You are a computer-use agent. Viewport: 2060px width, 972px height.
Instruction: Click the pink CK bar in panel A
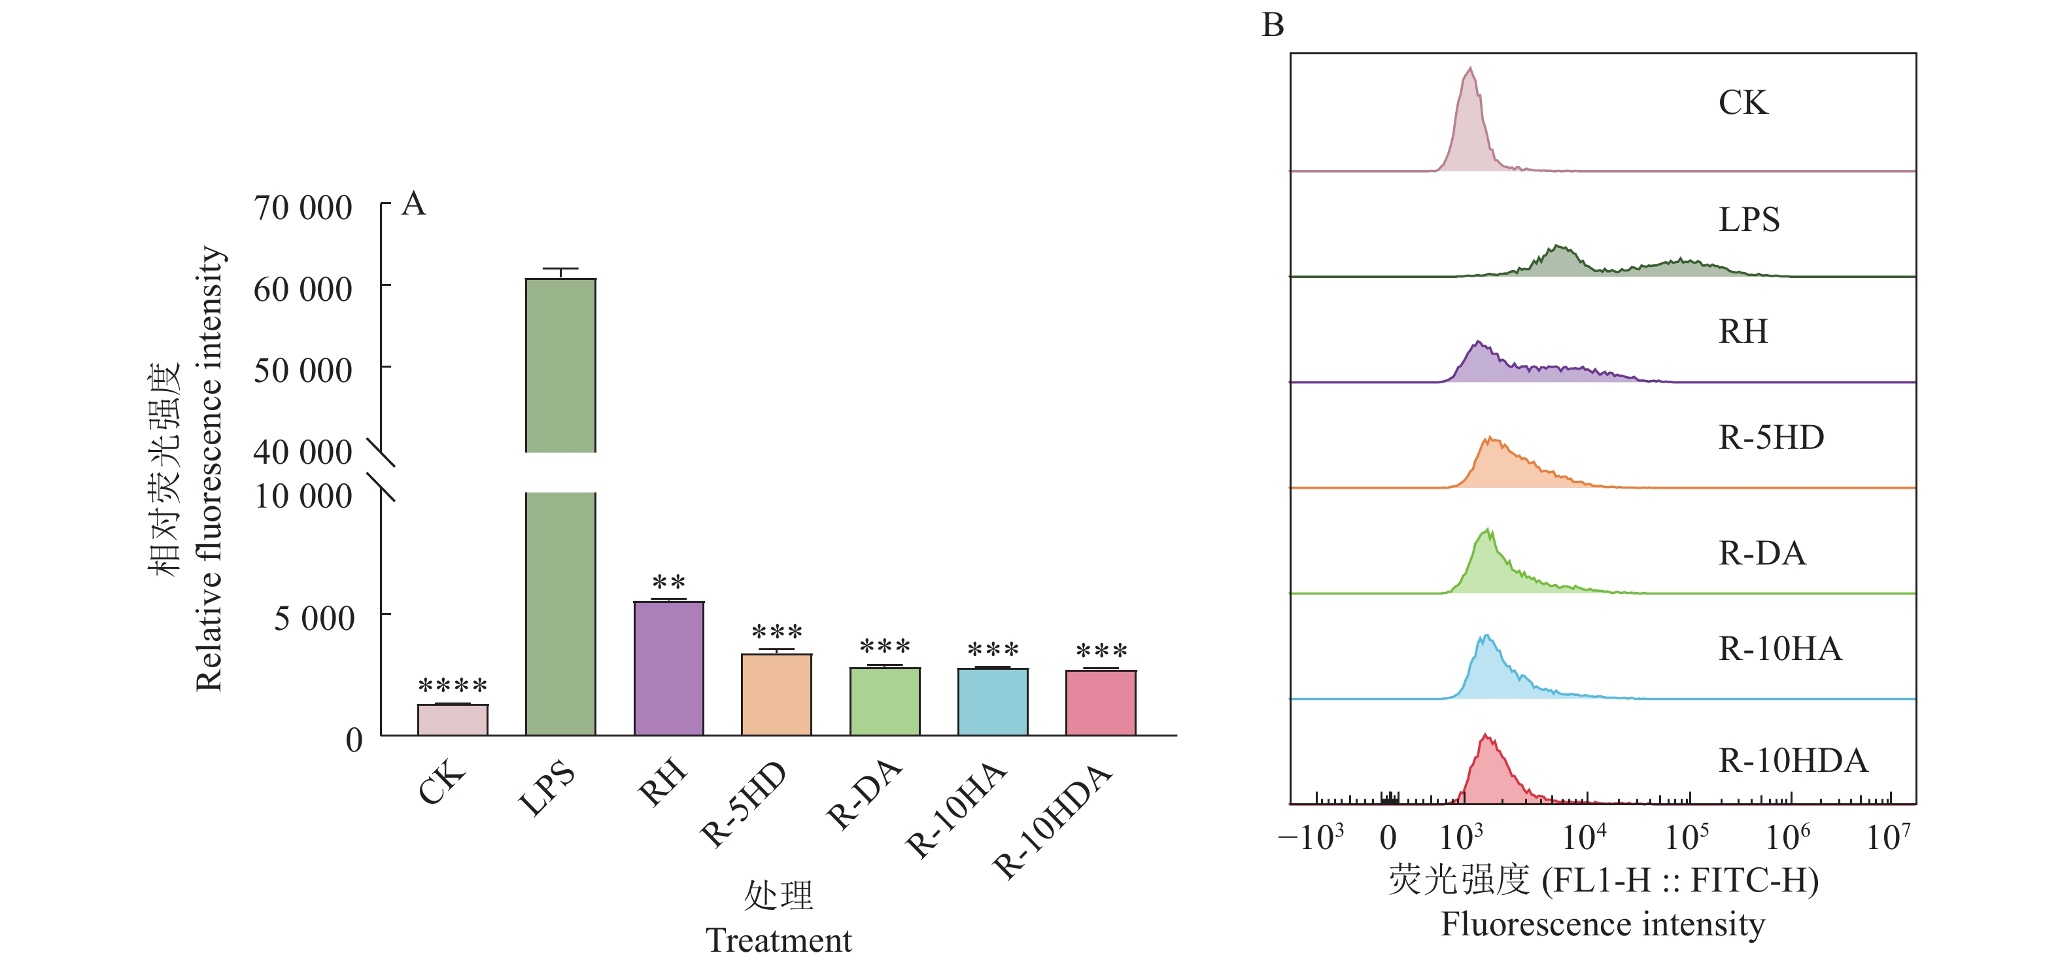pos(452,720)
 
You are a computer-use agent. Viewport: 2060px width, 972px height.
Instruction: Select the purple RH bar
pos(668,668)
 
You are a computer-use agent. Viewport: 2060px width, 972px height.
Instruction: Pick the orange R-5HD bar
pos(776,695)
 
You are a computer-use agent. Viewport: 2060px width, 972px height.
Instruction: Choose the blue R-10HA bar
pos(993,702)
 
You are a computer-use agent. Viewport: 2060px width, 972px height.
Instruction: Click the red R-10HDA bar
pos(1101,703)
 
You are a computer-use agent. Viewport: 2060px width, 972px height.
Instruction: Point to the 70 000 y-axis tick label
pos(303,208)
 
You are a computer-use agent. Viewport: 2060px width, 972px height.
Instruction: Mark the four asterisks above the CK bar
pos(453,686)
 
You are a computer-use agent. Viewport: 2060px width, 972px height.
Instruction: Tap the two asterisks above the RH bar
pos(668,582)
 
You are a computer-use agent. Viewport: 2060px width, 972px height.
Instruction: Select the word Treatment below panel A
pos(778,940)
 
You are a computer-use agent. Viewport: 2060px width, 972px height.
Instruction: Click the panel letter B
pos(1273,26)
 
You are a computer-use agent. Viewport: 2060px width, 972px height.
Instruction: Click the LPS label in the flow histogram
pos(1749,220)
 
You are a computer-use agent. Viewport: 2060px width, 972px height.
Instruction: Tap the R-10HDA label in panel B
pos(1793,761)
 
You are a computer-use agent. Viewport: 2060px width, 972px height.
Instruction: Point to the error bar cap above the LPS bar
pos(560,269)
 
